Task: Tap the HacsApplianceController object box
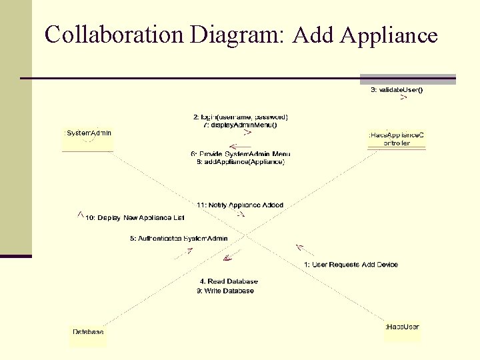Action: coord(397,138)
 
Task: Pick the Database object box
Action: coord(88,332)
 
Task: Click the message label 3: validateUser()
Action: coord(397,89)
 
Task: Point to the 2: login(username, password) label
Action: coord(241,117)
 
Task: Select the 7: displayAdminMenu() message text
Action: coord(240,125)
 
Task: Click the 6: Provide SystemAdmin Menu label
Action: coord(241,155)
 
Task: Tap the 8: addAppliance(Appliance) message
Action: coord(241,162)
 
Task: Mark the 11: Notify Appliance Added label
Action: coord(240,205)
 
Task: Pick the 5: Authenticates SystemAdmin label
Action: coord(179,238)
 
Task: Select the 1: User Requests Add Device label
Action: coord(351,265)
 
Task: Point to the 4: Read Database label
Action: coord(229,281)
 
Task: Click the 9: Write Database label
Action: coord(225,291)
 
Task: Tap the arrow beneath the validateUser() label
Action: coord(403,98)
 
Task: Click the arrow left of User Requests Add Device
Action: coord(301,249)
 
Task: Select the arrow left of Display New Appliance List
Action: coord(80,214)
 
